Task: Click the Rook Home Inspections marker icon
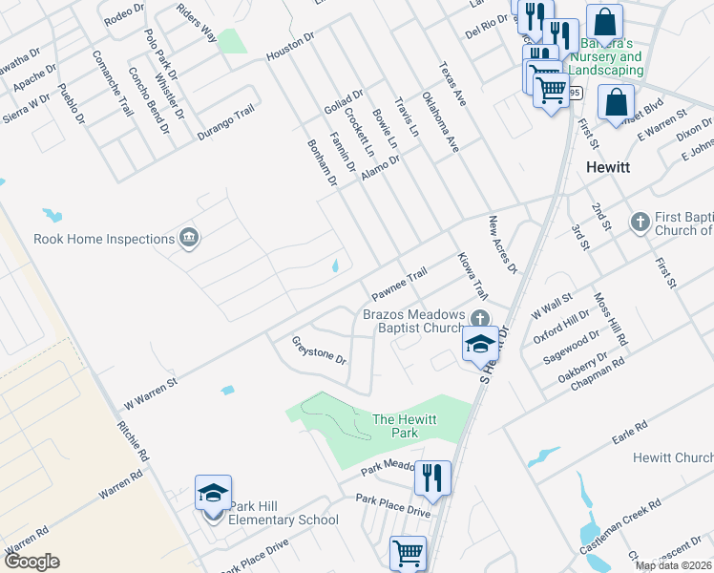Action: point(188,238)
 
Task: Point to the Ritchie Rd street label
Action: point(133,441)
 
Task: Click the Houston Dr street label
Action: point(290,48)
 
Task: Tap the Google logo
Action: point(31,562)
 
